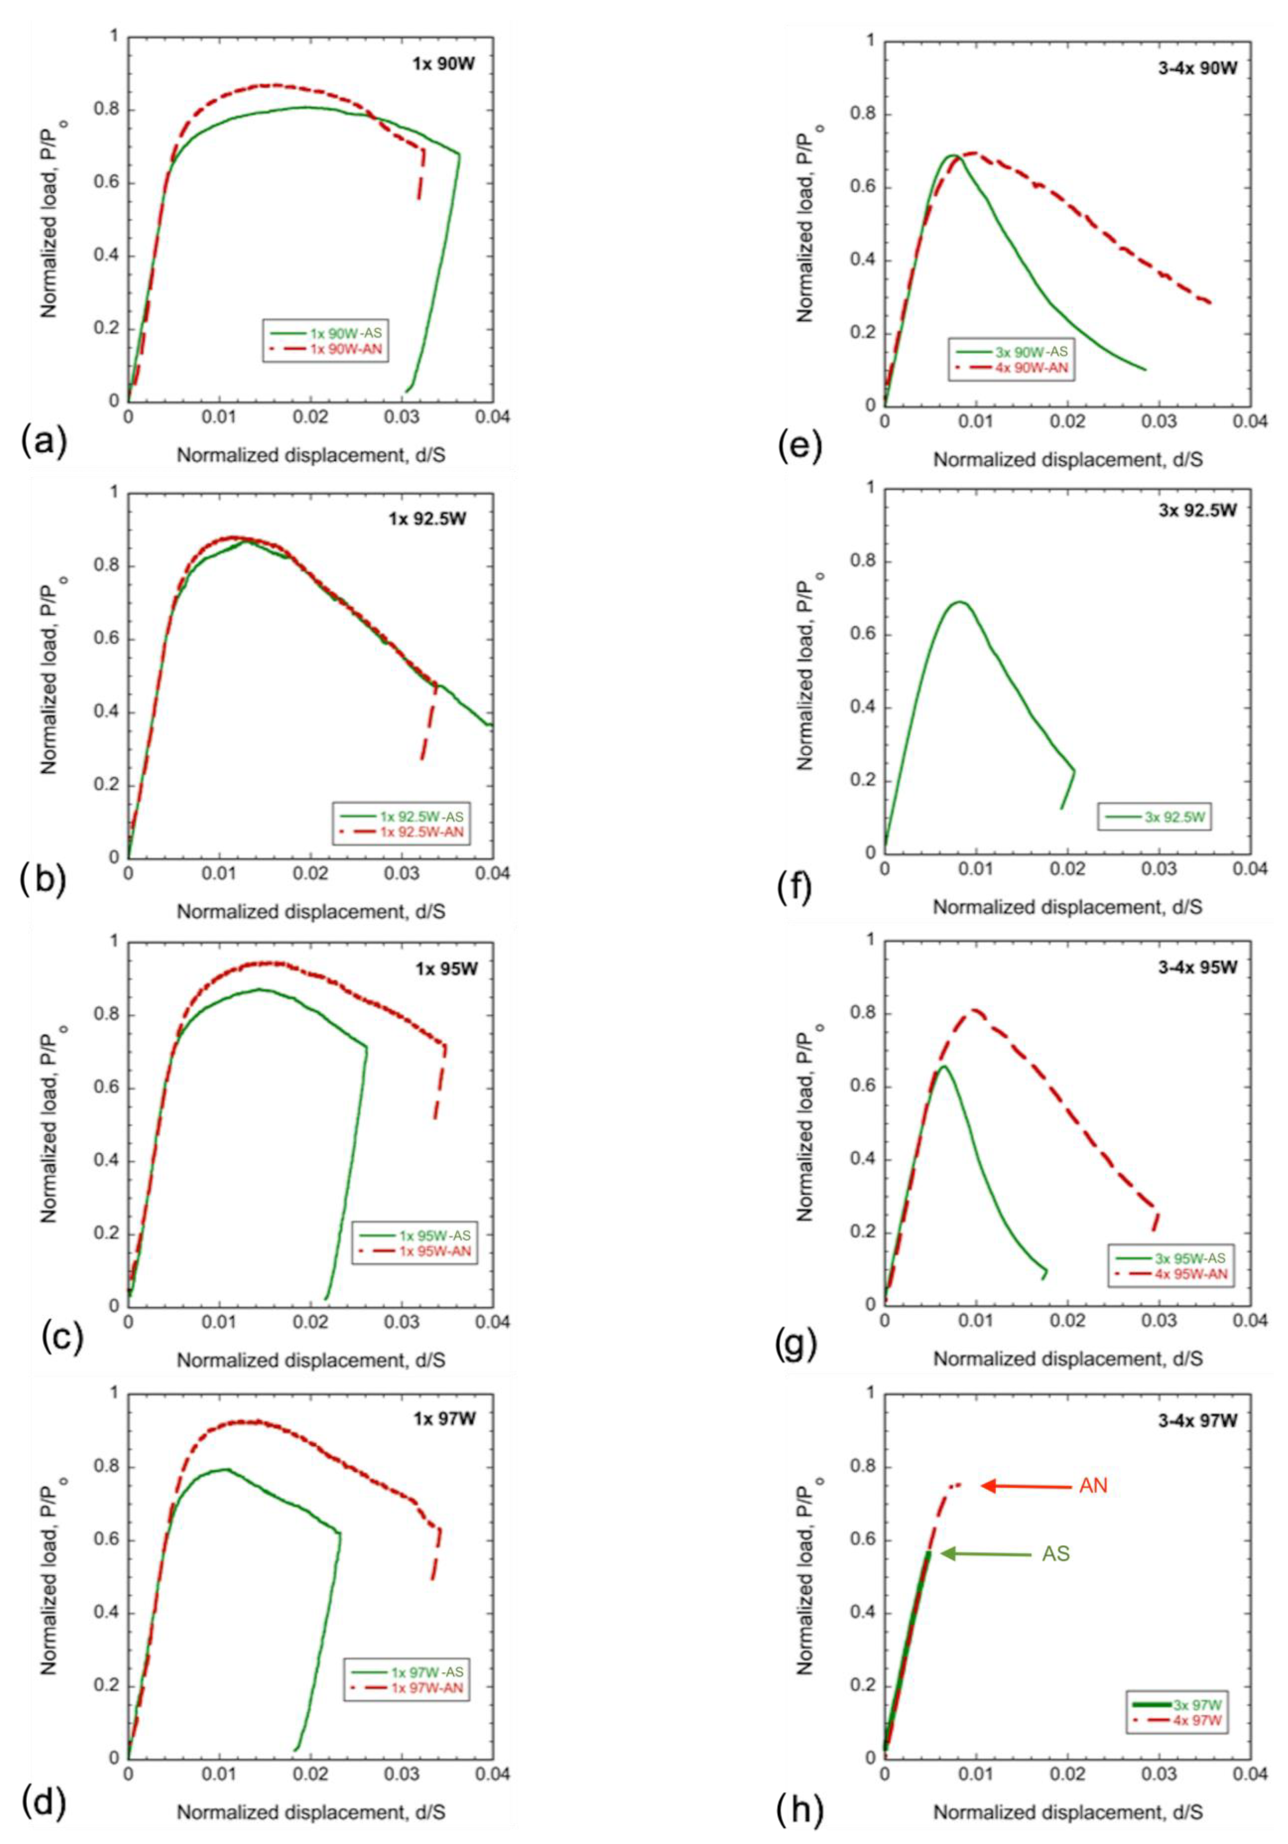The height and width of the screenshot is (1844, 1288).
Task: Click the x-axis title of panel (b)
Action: click(x=312, y=911)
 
